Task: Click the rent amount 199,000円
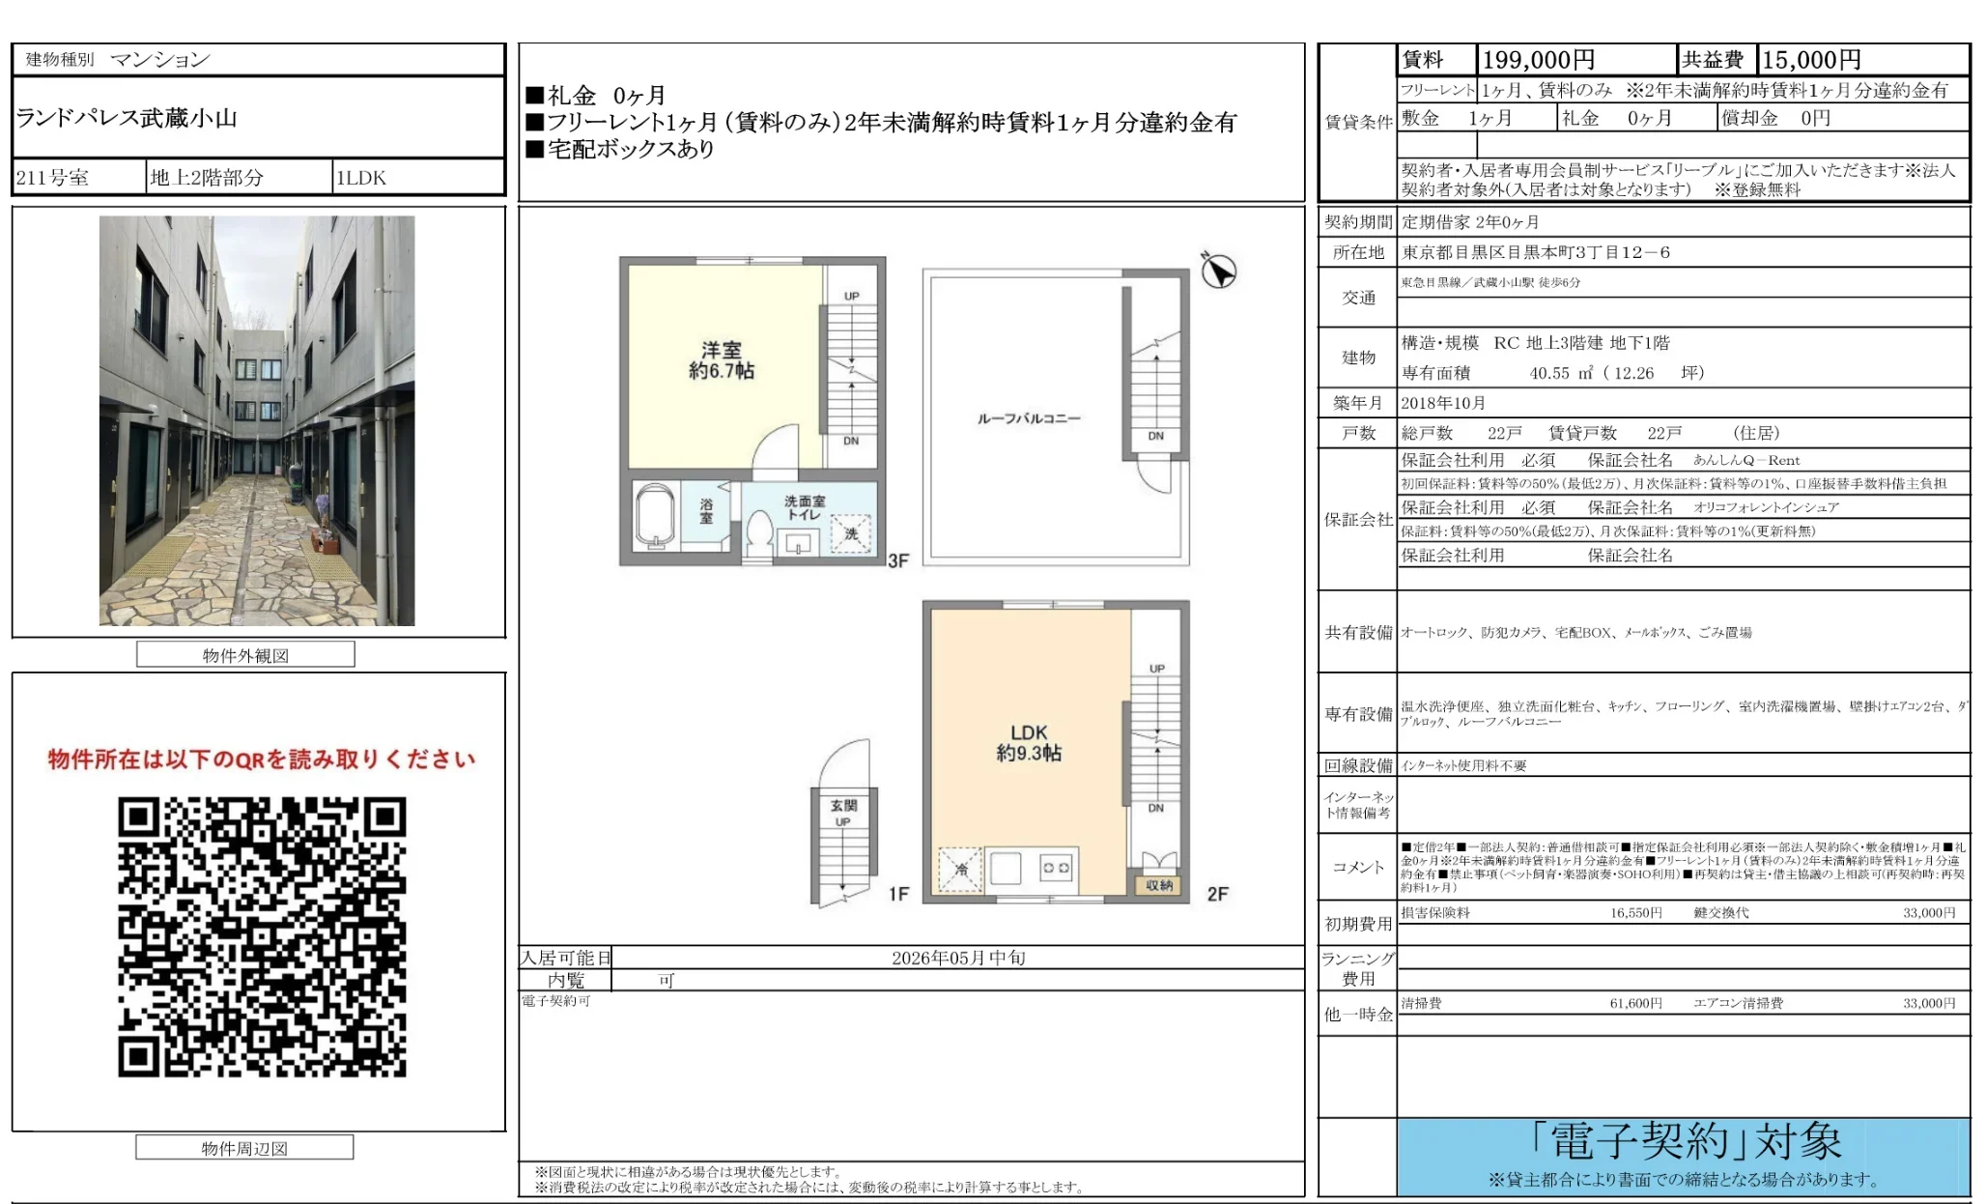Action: coord(1538,60)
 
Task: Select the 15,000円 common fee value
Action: coord(1811,60)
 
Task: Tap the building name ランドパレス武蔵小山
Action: coord(127,118)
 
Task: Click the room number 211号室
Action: coord(52,178)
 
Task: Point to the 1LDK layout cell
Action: coord(360,178)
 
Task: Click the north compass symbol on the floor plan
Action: coord(1218,271)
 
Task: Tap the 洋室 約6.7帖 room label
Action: coord(721,360)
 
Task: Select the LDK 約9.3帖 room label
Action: coord(1029,742)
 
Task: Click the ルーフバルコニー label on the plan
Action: coord(1029,418)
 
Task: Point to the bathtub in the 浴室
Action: coord(656,517)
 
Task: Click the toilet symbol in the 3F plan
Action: coord(759,531)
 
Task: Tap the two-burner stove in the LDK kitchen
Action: coord(1055,868)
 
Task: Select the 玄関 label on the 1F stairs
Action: coord(843,805)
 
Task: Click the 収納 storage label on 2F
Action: coord(1159,885)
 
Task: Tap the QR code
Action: coord(262,936)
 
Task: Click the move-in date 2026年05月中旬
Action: coord(957,958)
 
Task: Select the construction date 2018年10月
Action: coord(1443,403)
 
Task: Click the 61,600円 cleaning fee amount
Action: coord(1635,1003)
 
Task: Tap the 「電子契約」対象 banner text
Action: coord(1686,1142)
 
